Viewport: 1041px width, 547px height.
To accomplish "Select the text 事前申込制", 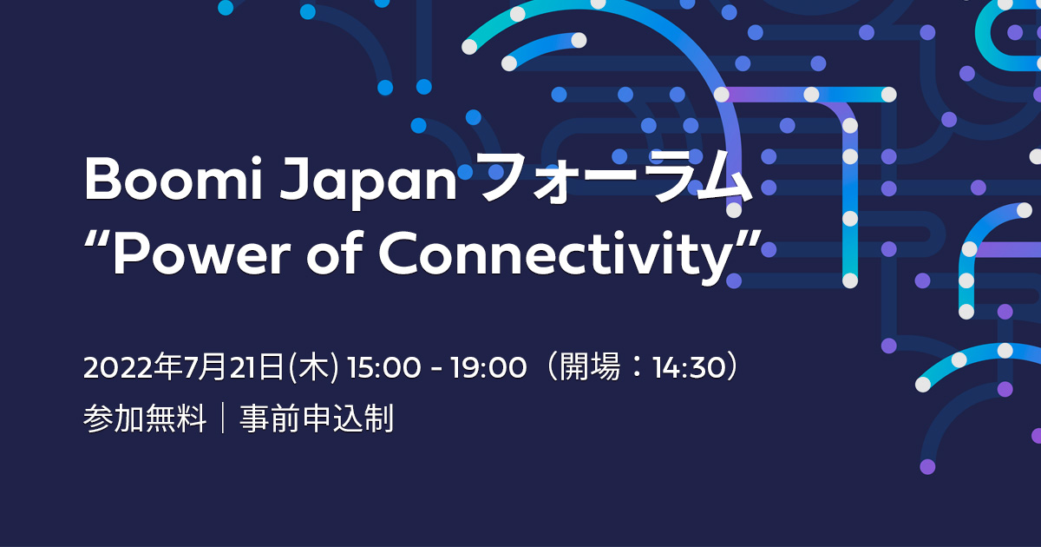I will point(317,418).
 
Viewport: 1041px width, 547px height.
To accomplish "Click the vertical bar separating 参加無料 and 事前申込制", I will point(223,418).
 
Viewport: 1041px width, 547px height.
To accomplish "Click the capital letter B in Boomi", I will point(101,180).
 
